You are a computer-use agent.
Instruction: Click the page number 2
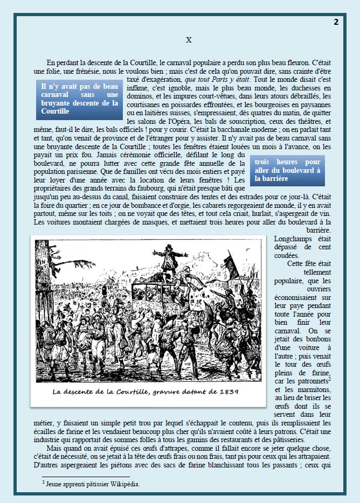click(336, 22)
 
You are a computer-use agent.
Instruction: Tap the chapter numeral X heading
click(189, 39)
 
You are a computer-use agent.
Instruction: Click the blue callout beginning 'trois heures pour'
click(287, 170)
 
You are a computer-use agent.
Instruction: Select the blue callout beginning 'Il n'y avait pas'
click(80, 99)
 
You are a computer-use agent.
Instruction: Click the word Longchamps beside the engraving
click(296, 238)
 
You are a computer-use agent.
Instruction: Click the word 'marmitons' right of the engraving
click(309, 390)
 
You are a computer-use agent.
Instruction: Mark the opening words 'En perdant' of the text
click(63, 62)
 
